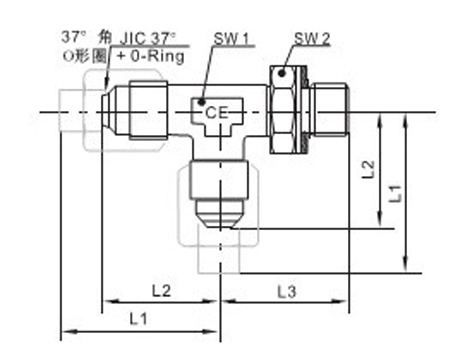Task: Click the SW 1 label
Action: tap(231, 39)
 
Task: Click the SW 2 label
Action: tap(312, 39)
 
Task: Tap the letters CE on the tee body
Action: tap(216, 112)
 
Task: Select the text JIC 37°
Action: tap(147, 39)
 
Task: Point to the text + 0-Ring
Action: tap(150, 56)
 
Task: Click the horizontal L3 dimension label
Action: tap(287, 292)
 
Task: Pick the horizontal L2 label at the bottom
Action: tap(161, 291)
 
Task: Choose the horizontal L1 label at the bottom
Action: tap(138, 319)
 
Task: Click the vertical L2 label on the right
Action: tap(368, 169)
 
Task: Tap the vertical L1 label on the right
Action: tap(395, 193)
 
